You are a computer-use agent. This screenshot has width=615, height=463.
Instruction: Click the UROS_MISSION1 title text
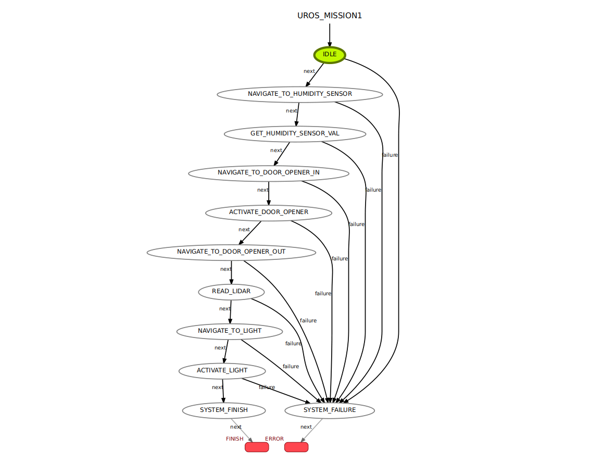329,16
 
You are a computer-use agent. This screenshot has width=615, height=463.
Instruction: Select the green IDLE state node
329,54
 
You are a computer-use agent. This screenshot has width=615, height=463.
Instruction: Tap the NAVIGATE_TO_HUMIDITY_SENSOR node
299,94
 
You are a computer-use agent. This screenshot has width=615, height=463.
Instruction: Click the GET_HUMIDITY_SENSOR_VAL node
295,133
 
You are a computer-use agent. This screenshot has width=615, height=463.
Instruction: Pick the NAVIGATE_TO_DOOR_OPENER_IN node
268,173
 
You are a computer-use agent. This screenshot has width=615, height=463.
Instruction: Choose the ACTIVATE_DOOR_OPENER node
269,212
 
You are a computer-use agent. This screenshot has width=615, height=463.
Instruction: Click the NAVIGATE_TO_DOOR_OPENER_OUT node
231,252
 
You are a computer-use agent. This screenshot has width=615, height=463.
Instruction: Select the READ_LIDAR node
231,291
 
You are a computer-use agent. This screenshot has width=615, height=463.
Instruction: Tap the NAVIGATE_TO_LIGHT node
230,331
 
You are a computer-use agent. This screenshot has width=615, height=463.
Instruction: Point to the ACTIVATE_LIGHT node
222,370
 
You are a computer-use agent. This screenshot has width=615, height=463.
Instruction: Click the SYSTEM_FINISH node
223,410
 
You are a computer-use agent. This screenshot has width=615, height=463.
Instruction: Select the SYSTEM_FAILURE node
330,410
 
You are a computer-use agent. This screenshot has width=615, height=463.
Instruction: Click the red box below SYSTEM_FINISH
256,447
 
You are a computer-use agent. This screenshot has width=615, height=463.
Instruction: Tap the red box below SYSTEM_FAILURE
296,447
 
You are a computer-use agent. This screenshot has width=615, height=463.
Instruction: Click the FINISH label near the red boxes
234,439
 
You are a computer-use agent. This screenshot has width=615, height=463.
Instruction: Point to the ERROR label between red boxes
274,439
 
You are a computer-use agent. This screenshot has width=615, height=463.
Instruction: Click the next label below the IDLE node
309,71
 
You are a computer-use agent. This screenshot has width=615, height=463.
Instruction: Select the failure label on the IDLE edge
390,155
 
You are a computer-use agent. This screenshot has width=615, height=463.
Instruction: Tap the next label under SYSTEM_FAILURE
306,427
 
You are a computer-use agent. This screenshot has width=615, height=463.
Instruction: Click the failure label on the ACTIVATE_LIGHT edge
267,387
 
